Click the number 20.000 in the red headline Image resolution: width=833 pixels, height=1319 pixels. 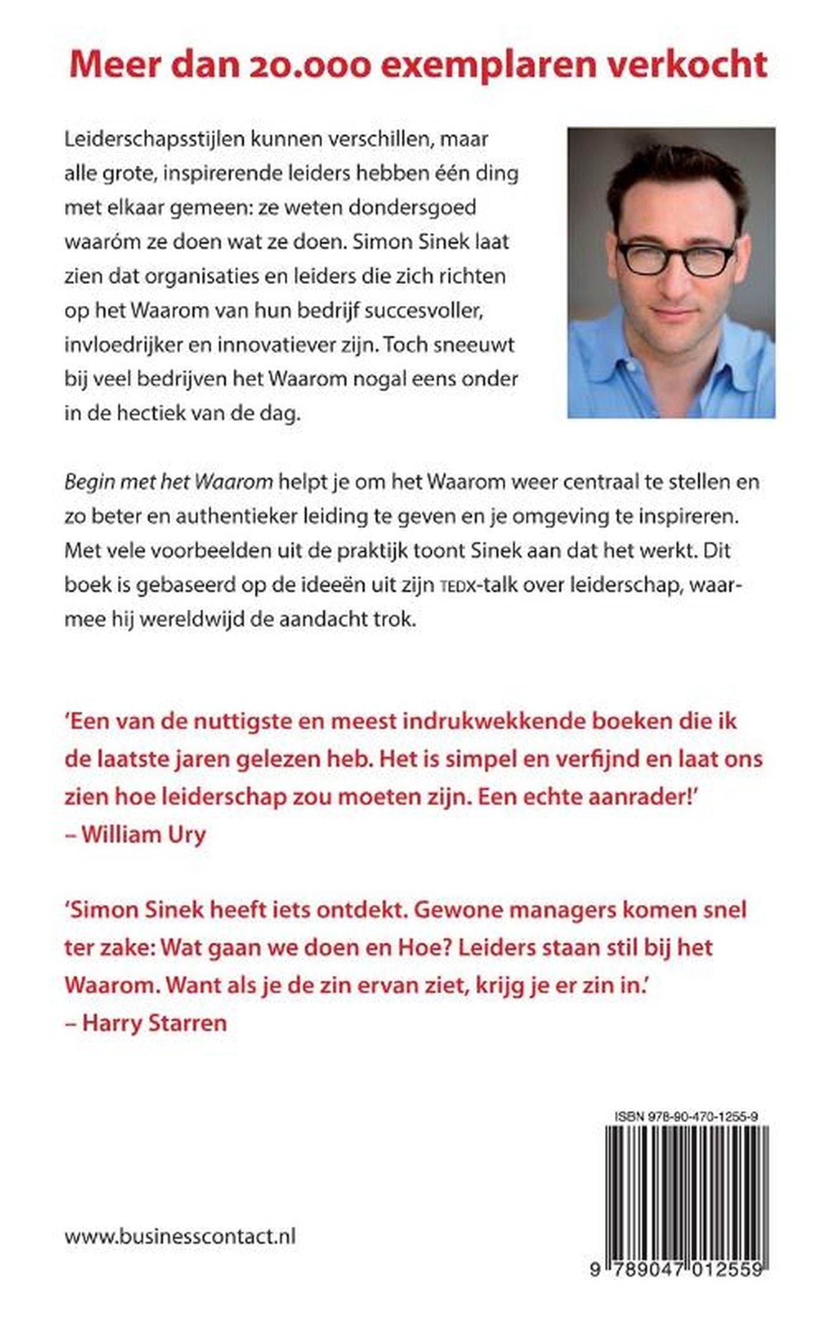click(x=308, y=65)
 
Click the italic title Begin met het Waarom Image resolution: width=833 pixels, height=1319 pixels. click(x=168, y=482)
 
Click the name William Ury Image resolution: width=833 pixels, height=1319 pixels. click(x=143, y=834)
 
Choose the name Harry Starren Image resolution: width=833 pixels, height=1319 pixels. click(x=154, y=1023)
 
